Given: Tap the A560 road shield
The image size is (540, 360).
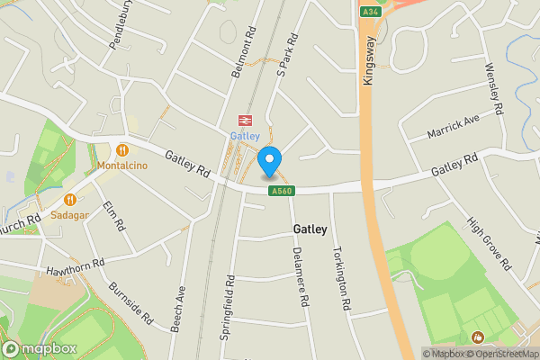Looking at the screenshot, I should point(282,191).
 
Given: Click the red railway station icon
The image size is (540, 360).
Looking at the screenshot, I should point(244,120).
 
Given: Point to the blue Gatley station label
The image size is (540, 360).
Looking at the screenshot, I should point(244,136).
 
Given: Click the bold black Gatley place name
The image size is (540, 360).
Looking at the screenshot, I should point(310,229).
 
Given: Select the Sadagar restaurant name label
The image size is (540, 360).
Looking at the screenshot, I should point(68,216).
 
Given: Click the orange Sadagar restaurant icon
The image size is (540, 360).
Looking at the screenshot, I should point(68,200).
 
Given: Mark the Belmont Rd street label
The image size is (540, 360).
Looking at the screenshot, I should point(244,51).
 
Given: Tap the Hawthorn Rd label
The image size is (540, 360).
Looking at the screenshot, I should point(76,265).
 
